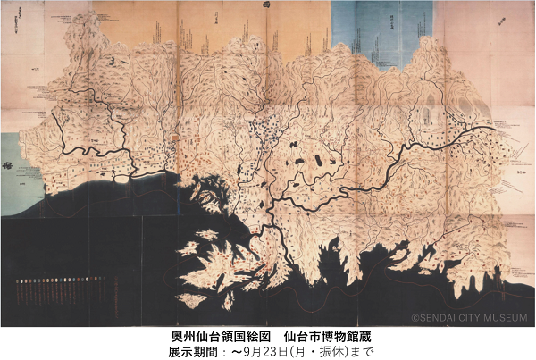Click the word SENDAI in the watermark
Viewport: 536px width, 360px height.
(x=439, y=317)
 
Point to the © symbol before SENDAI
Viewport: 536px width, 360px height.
(x=415, y=317)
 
